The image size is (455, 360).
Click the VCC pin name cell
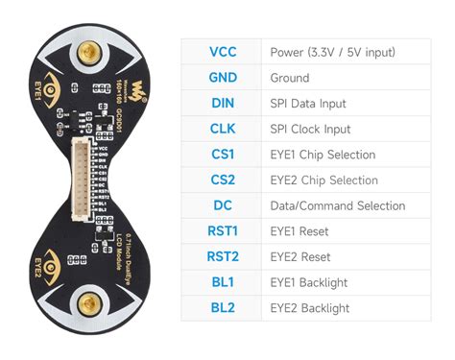coord(222,52)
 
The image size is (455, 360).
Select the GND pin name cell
coord(222,78)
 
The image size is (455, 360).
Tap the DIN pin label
coord(222,103)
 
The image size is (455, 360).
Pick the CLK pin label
coord(222,129)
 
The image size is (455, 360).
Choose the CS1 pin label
coord(222,155)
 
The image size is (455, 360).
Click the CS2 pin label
coord(222,180)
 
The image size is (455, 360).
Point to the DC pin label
coord(222,205)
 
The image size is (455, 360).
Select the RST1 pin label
coord(222,231)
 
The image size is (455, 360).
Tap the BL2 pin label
coord(222,308)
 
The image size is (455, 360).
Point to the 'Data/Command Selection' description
coord(337,205)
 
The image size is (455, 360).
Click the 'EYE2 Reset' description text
coord(300,256)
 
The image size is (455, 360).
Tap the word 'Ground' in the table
coord(290,78)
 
